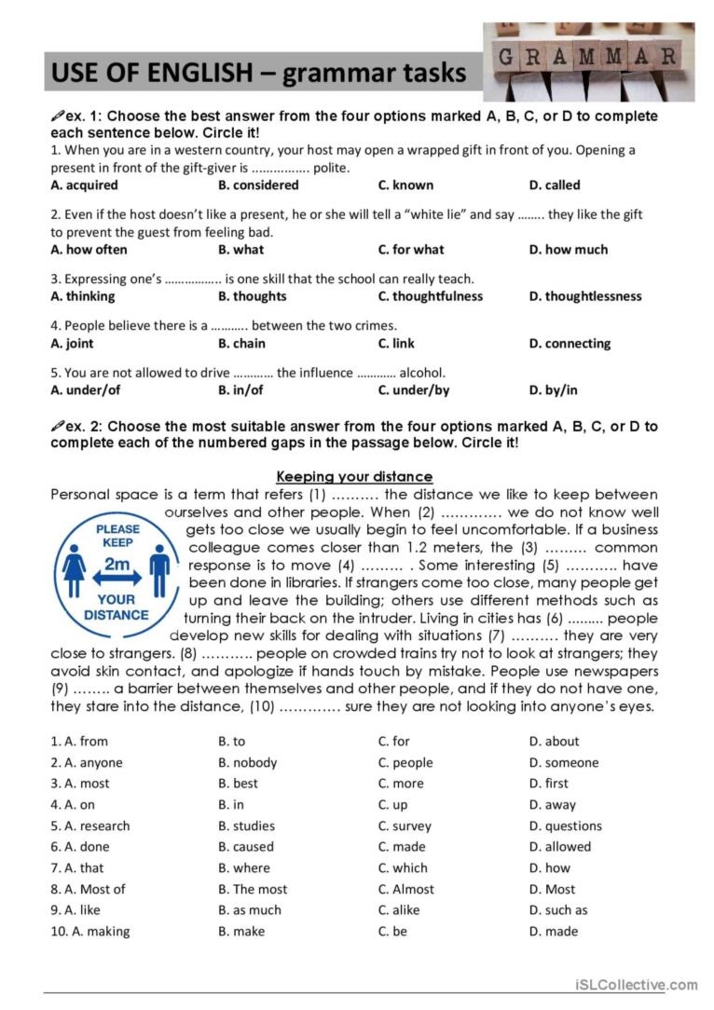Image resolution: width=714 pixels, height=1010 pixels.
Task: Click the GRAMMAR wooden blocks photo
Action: coord(588,61)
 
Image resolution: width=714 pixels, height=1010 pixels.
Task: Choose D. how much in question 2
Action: coord(568,250)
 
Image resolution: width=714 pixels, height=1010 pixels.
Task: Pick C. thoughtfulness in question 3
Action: coord(430,296)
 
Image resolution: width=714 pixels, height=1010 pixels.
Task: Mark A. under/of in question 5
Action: coord(85,390)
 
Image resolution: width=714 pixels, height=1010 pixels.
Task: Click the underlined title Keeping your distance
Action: coord(354,477)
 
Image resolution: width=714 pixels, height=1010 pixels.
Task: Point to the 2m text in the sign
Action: coord(117,564)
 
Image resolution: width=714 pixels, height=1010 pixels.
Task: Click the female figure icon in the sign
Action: coord(75,569)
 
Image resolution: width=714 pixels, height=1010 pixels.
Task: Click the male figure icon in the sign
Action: coord(159,569)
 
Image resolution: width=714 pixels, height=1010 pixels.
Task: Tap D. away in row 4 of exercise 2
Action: coord(552,805)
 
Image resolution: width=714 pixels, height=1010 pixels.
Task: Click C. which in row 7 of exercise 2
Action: coord(403,868)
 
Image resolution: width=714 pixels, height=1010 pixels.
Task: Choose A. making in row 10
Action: coord(90,932)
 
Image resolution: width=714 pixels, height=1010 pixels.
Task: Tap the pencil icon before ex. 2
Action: coord(57,426)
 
